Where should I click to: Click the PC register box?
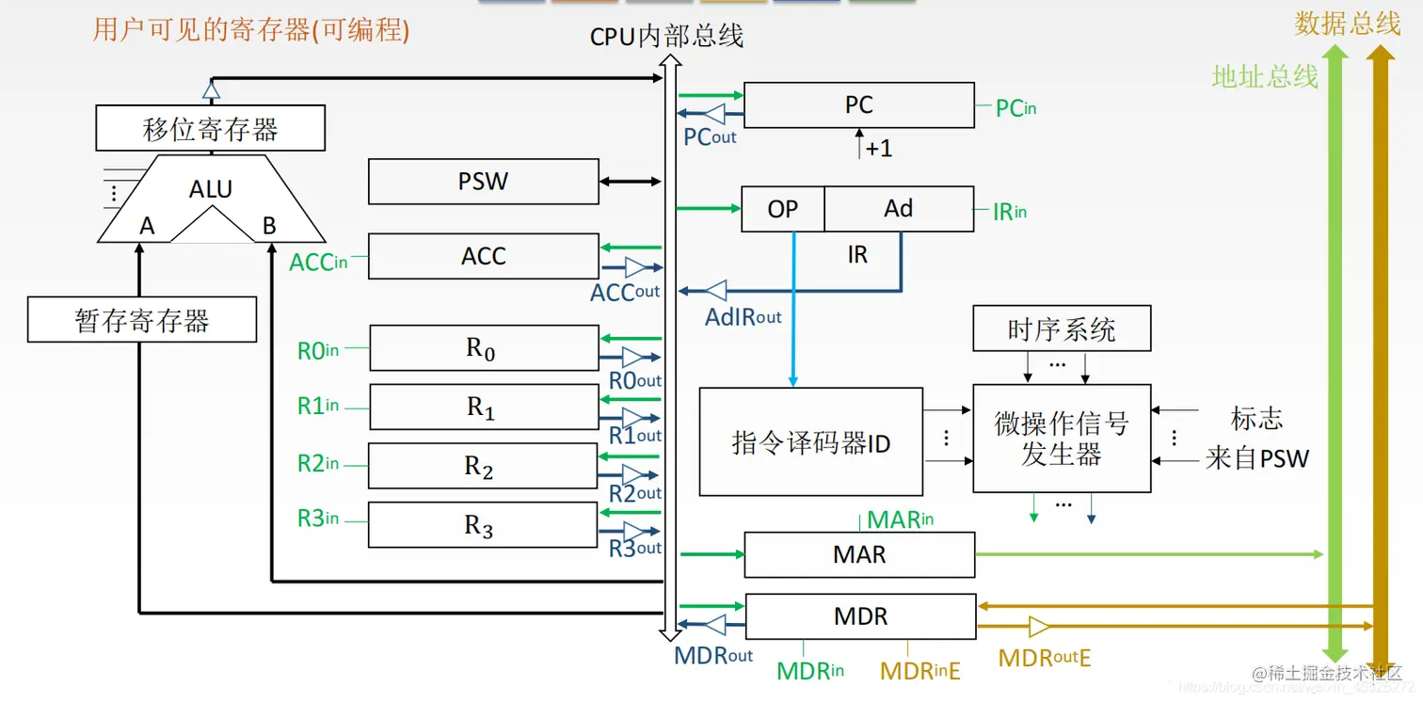pyautogui.click(x=858, y=104)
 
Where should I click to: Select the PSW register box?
pyautogui.click(x=483, y=182)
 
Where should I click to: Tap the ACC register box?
pyautogui.click(x=483, y=256)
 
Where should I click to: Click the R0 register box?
pyautogui.click(x=483, y=348)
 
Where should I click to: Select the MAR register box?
pyautogui.click(x=858, y=554)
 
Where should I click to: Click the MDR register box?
pyautogui.click(x=859, y=616)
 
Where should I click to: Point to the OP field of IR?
pyautogui.click(x=782, y=209)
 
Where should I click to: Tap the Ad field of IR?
pyautogui.click(x=899, y=209)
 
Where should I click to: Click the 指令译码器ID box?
pyautogui.click(x=810, y=442)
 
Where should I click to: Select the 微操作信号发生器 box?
pyautogui.click(x=1061, y=439)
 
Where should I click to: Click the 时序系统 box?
pyautogui.click(x=1061, y=329)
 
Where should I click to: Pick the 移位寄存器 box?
pyautogui.click(x=210, y=129)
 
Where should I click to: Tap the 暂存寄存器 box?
pyautogui.click(x=142, y=321)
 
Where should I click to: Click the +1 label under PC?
pyautogui.click(x=877, y=149)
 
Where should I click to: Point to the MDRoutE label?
pyautogui.click(x=1044, y=658)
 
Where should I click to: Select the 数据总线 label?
pyautogui.click(x=1347, y=24)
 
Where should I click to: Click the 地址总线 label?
pyautogui.click(x=1264, y=76)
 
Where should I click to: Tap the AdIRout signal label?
pyautogui.click(x=743, y=317)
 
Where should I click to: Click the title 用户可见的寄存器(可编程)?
pyautogui.click(x=251, y=30)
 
